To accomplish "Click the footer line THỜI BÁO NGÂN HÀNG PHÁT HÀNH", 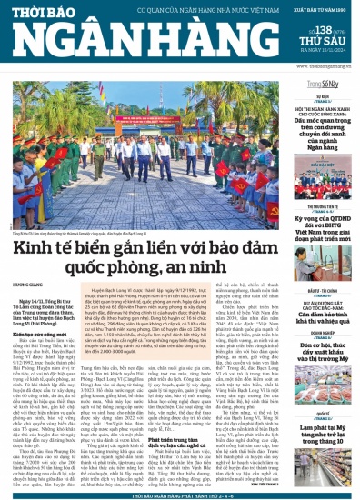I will click(x=179, y=495).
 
